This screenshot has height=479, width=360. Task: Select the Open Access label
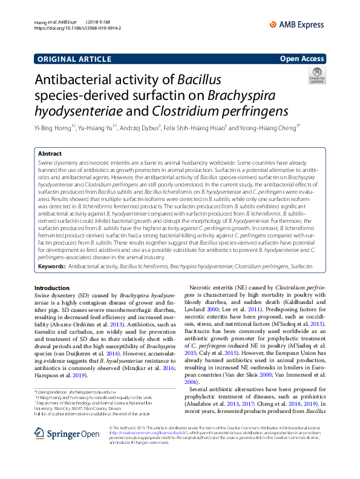301,59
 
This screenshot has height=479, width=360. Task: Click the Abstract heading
50,154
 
